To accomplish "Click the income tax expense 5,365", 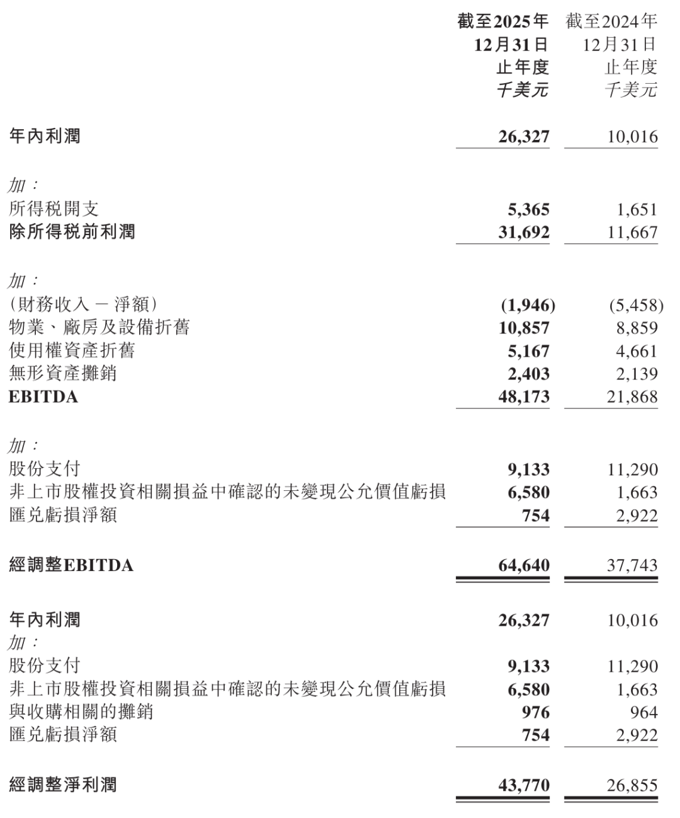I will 528,209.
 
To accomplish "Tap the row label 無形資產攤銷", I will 63,374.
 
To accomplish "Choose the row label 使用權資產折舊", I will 72,351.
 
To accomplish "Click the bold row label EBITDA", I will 43,397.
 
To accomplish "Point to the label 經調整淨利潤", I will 63,785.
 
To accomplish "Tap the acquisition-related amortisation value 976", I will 536,712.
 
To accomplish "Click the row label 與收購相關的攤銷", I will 81,712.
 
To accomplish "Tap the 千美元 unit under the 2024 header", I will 631,89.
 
